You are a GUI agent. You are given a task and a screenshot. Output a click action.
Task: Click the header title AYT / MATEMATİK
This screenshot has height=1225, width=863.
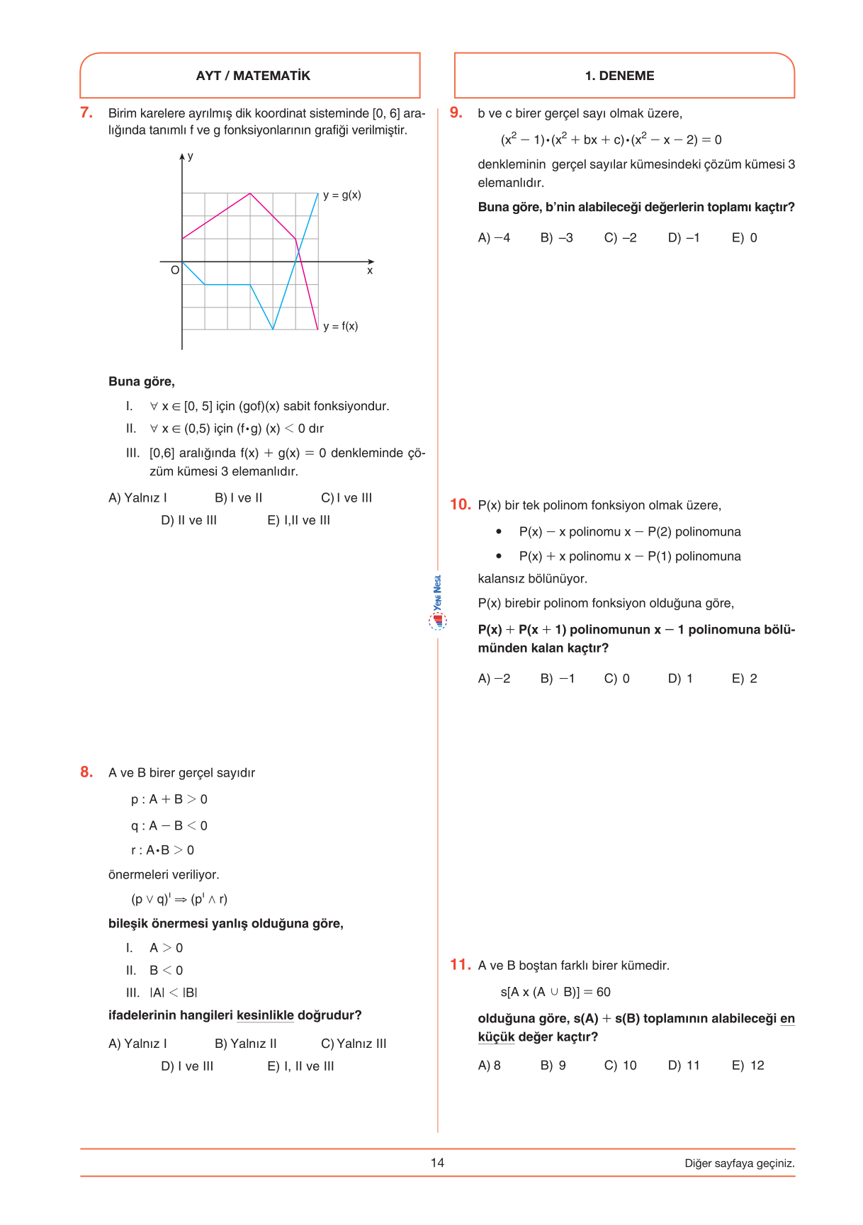coord(253,76)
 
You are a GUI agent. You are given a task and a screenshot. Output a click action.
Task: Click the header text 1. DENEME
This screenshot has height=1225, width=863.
coord(619,76)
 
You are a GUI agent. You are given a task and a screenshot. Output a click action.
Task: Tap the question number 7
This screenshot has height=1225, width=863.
coord(86,113)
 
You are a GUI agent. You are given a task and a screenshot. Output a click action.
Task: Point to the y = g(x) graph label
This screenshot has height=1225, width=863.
coord(342,195)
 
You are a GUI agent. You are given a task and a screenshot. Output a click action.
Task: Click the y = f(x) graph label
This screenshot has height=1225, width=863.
coord(340,326)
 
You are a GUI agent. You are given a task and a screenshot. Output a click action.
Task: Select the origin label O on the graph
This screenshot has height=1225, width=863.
coord(175,270)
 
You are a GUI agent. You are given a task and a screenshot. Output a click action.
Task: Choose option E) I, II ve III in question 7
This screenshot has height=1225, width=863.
coord(298,520)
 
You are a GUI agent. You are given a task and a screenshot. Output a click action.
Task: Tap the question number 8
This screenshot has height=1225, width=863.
coord(86,772)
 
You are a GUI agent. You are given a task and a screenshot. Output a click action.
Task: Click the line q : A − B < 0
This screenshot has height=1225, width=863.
coord(169,825)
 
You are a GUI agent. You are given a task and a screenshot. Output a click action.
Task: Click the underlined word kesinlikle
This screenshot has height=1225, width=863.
coord(265,1015)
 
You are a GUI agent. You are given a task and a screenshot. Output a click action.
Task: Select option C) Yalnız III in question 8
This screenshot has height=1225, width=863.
coord(354,1044)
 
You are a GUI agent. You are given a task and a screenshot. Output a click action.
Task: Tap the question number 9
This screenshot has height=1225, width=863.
coord(456,113)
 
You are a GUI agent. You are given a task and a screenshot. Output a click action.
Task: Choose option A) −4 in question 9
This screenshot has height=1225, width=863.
coord(494,238)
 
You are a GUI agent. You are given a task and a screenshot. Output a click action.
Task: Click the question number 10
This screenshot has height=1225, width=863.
coord(460,504)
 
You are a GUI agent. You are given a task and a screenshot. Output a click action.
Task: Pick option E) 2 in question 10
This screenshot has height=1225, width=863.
coord(744,679)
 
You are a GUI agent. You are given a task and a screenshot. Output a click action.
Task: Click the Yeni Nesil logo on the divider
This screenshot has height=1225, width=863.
coord(438,602)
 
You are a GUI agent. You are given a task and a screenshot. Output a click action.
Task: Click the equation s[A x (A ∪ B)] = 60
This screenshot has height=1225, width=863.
coord(555,992)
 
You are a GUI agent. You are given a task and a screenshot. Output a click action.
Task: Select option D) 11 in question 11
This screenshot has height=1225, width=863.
coord(684,1066)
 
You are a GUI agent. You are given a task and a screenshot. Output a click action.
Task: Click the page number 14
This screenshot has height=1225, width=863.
coord(437,1163)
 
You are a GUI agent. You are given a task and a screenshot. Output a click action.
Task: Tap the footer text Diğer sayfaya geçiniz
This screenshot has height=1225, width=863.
coord(739,1163)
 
